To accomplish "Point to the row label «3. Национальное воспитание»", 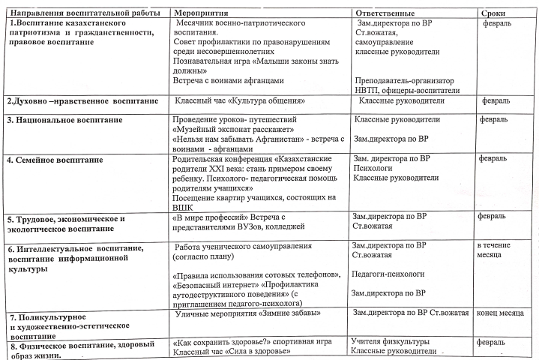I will (x=64, y=120).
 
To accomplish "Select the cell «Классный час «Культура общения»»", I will (x=239, y=100).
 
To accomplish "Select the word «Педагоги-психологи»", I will (x=388, y=274).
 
